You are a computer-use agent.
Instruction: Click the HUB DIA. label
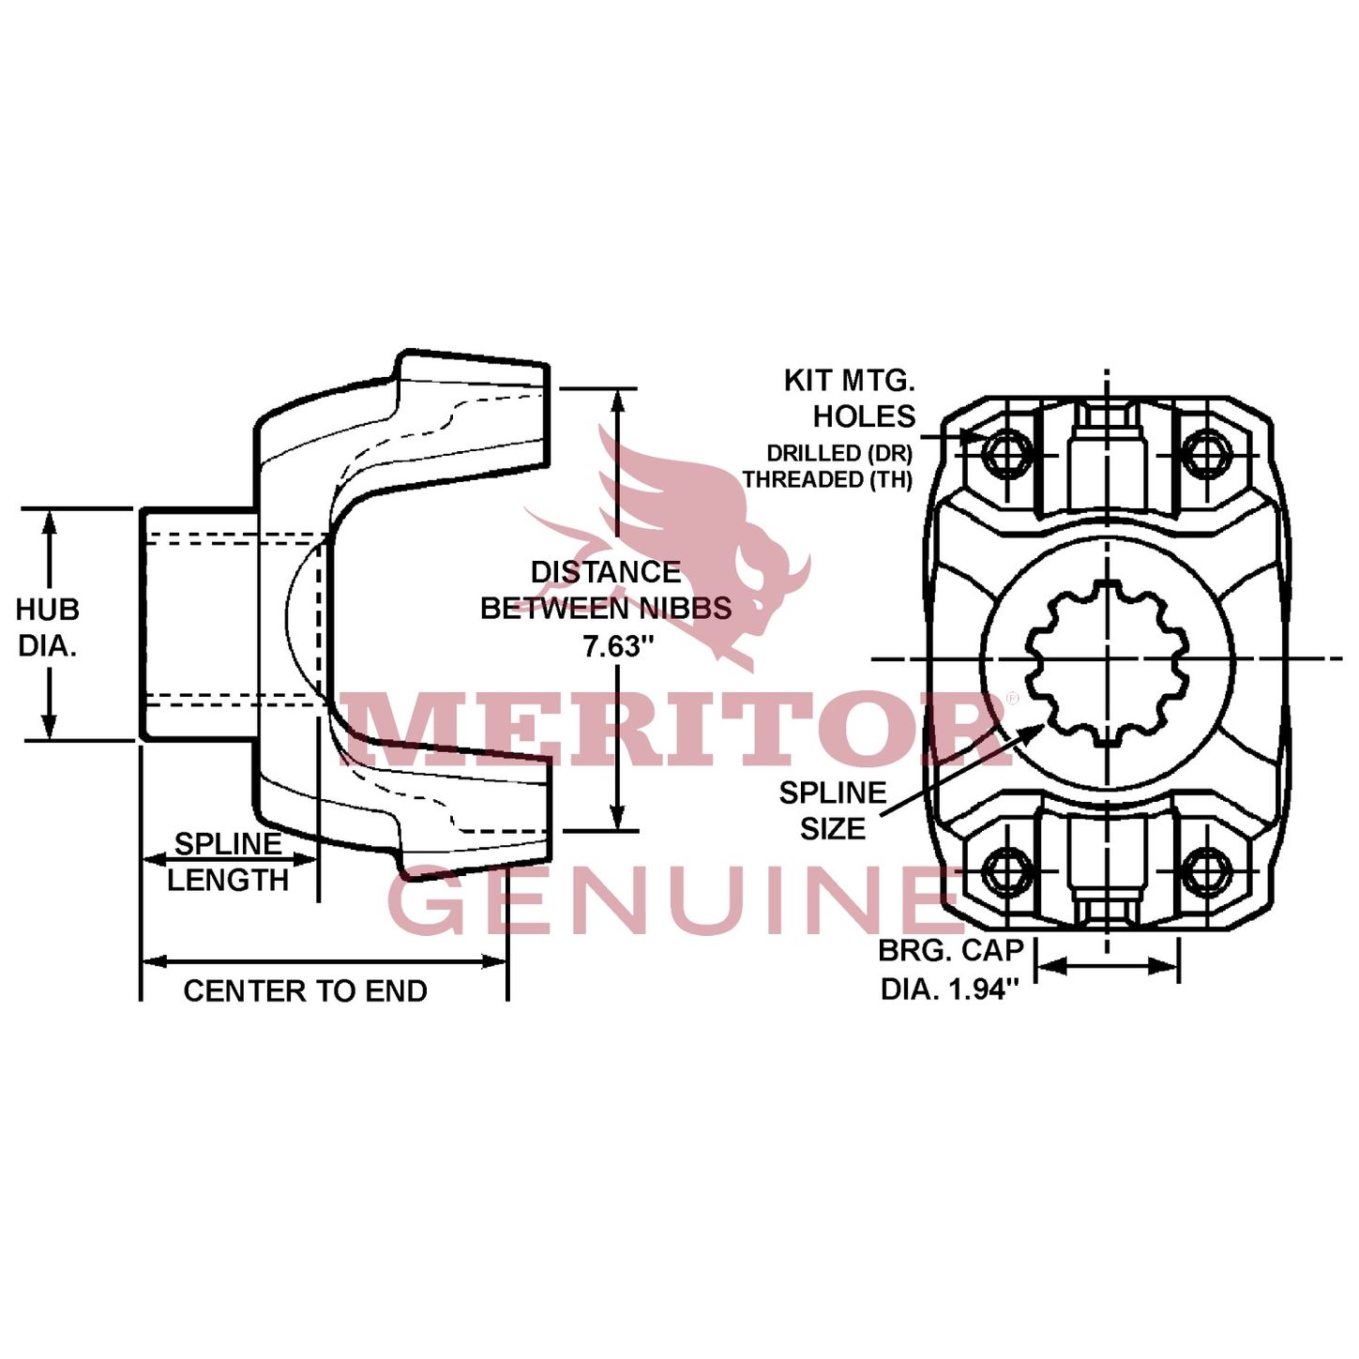click(x=47, y=627)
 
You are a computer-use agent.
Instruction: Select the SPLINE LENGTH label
click(x=228, y=862)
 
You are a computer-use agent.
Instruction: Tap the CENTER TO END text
click(x=305, y=990)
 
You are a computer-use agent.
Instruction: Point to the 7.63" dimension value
click(x=617, y=646)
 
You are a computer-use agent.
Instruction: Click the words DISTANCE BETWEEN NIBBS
click(x=606, y=590)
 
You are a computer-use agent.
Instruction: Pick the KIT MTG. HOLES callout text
click(x=850, y=398)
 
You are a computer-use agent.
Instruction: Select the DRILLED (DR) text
click(x=839, y=453)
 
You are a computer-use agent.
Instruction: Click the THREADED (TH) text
click(x=827, y=479)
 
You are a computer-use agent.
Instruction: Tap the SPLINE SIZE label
click(x=832, y=810)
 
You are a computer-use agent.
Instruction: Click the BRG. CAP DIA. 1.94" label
click(x=950, y=970)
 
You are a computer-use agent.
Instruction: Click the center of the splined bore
click(x=1107, y=659)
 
